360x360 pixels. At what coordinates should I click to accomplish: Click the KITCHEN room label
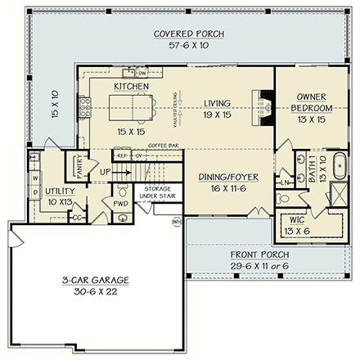click(132, 86)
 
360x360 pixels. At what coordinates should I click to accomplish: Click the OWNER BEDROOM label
click(311, 102)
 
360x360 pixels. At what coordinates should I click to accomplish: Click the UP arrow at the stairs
click(106, 173)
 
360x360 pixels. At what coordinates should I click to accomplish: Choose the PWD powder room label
click(120, 204)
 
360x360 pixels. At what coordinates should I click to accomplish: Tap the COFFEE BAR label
click(164, 145)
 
